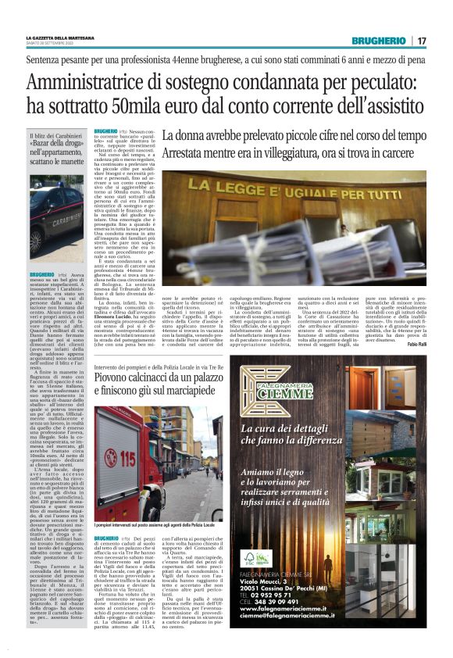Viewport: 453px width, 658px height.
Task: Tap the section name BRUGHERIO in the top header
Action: pos(378,41)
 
